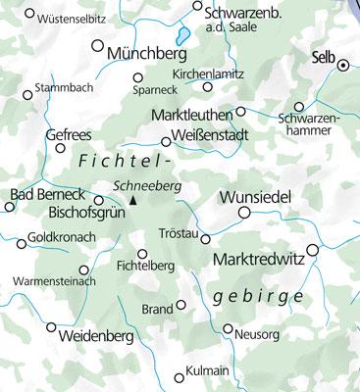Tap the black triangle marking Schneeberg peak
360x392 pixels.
coord(133,200)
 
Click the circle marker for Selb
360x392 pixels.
coord(343,66)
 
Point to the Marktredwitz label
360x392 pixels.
coord(258,261)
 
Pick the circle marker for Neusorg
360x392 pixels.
coord(228,329)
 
